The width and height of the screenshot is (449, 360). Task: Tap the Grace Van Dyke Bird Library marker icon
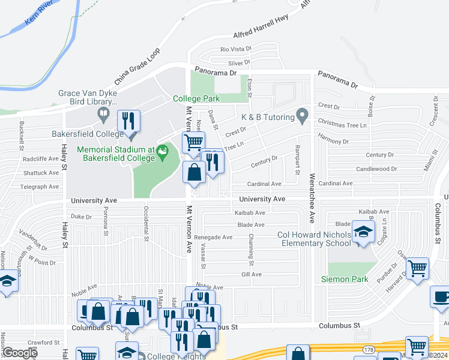[x=103, y=113]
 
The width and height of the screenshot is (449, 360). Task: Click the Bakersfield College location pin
[x=131, y=136]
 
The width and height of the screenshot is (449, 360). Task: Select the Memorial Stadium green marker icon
[x=161, y=154]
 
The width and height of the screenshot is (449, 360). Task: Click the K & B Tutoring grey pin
[x=302, y=114]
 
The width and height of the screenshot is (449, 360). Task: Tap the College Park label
[x=196, y=98]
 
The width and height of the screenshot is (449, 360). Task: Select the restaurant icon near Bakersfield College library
[x=128, y=121]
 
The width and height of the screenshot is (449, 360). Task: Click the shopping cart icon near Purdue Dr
[x=417, y=268]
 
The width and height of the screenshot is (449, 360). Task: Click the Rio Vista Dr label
[x=235, y=49]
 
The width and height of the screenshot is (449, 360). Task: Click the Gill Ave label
[x=252, y=274]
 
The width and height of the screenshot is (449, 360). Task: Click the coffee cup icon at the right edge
[x=441, y=297]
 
